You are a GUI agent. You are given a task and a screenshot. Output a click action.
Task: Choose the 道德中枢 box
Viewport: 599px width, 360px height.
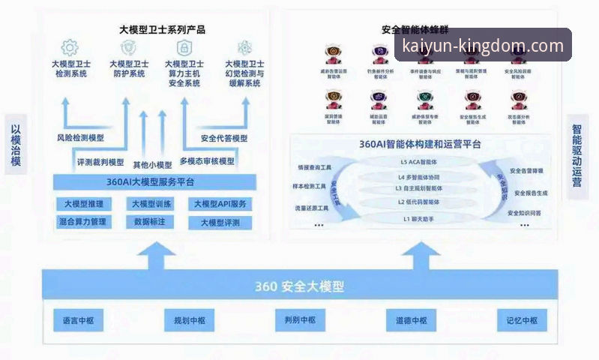click(411, 320)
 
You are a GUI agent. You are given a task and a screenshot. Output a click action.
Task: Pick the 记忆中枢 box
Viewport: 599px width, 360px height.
click(522, 320)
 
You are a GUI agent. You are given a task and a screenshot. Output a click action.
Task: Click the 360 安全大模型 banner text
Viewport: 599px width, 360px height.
click(299, 286)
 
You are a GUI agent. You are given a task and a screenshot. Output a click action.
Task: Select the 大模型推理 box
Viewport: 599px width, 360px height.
click(83, 204)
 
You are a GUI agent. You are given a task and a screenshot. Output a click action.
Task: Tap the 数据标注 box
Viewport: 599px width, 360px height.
click(153, 222)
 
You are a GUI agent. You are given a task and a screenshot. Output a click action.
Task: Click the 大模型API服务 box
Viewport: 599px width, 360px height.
click(220, 204)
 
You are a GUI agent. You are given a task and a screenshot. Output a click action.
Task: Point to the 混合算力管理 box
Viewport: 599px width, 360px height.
click(83, 222)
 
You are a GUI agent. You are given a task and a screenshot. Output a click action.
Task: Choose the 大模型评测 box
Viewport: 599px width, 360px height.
click(220, 223)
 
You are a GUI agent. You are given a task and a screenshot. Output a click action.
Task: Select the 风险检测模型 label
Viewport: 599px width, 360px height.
click(80, 138)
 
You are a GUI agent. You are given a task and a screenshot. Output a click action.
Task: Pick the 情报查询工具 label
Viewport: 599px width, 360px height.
click(314, 168)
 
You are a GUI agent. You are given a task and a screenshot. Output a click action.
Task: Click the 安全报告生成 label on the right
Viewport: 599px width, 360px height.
click(530, 193)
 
